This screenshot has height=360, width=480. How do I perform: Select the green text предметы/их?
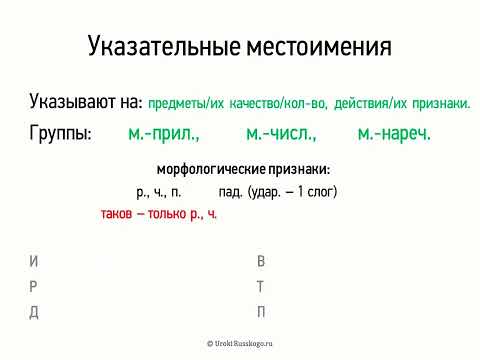[181, 103]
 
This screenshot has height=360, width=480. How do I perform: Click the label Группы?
[61, 133]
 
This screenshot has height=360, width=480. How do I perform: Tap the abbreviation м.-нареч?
[394, 133]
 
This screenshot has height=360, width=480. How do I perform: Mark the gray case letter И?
[35, 262]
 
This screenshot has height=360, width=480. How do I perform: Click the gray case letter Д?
[35, 311]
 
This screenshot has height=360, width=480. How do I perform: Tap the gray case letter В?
[261, 262]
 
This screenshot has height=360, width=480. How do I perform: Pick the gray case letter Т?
[261, 287]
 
